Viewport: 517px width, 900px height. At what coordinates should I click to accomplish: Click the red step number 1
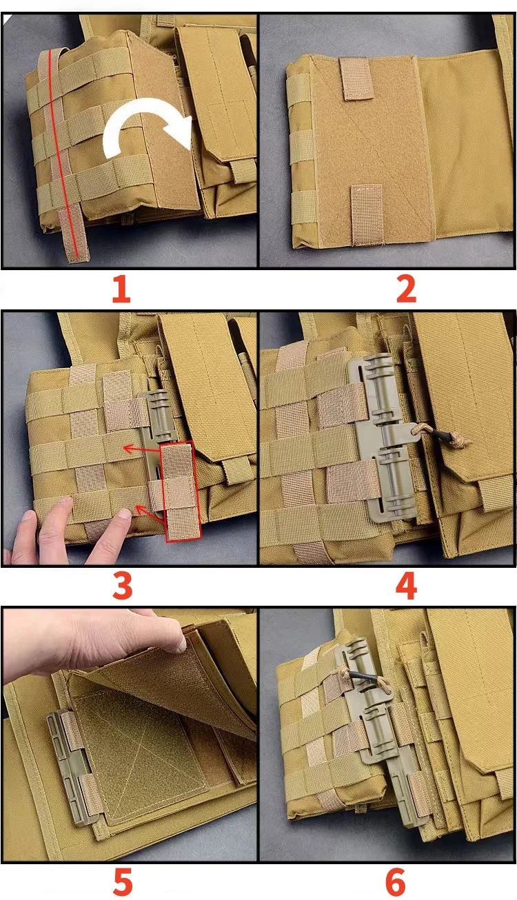121,289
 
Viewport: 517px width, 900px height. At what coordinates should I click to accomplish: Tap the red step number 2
406,289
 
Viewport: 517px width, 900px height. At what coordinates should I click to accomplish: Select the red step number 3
123,586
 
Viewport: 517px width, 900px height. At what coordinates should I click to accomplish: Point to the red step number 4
406,586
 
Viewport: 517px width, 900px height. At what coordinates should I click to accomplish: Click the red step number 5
123,882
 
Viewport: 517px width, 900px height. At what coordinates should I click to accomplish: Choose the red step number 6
395,882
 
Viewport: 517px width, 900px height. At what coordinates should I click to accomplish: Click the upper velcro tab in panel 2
356,78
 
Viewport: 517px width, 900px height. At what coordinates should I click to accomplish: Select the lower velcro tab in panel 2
367,215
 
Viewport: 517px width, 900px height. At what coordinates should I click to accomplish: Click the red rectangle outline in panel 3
180,491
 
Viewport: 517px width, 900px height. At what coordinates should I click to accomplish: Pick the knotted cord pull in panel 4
443,435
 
